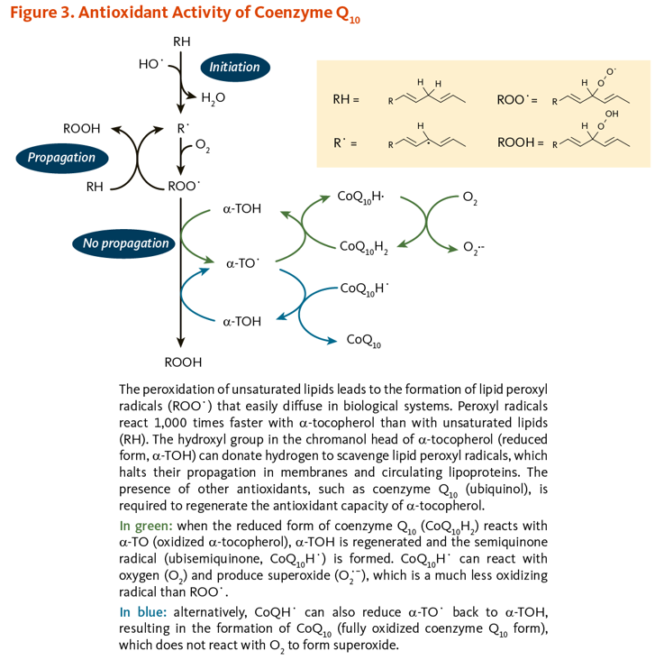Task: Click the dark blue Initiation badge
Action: [234, 67]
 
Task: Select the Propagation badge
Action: [61, 158]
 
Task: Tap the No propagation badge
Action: [125, 243]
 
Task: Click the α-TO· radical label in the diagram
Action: [242, 264]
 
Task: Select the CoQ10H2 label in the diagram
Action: [364, 246]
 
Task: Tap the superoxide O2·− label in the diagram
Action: [473, 246]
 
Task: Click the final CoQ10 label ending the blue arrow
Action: [364, 340]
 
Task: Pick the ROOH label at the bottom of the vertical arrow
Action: [183, 362]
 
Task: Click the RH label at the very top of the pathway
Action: [181, 41]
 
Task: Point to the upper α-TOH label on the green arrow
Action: [242, 209]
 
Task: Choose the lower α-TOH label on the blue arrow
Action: [242, 321]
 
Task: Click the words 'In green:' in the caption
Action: [148, 525]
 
